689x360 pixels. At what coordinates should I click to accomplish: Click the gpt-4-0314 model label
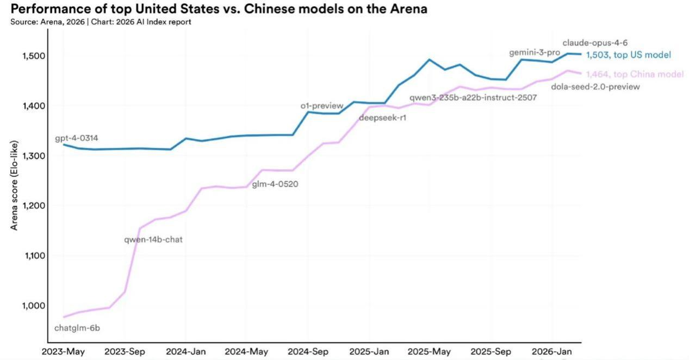77,138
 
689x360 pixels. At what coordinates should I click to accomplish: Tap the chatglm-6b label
77,328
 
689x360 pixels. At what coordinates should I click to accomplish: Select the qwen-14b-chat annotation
153,239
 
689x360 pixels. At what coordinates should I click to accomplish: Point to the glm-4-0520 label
275,184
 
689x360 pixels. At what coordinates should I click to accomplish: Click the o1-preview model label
322,106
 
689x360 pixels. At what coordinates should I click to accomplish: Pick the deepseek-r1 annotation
383,117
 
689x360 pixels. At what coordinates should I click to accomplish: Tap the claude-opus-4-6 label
595,43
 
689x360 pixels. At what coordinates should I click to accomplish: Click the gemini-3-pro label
535,53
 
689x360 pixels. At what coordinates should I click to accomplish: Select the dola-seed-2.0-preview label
595,87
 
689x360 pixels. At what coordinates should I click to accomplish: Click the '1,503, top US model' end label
629,55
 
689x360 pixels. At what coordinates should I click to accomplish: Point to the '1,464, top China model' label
635,74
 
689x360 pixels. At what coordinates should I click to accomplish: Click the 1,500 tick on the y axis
34,56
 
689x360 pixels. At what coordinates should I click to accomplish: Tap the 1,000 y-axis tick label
34,306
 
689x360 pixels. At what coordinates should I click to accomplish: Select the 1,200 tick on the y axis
34,206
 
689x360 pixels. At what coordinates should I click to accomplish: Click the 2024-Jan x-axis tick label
186,351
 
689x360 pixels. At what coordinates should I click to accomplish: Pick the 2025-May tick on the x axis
429,351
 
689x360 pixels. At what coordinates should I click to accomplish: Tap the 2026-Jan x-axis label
552,351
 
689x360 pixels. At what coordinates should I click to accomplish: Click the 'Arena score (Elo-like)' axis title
14,185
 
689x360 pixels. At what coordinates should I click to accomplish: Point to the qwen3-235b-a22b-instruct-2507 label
473,98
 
